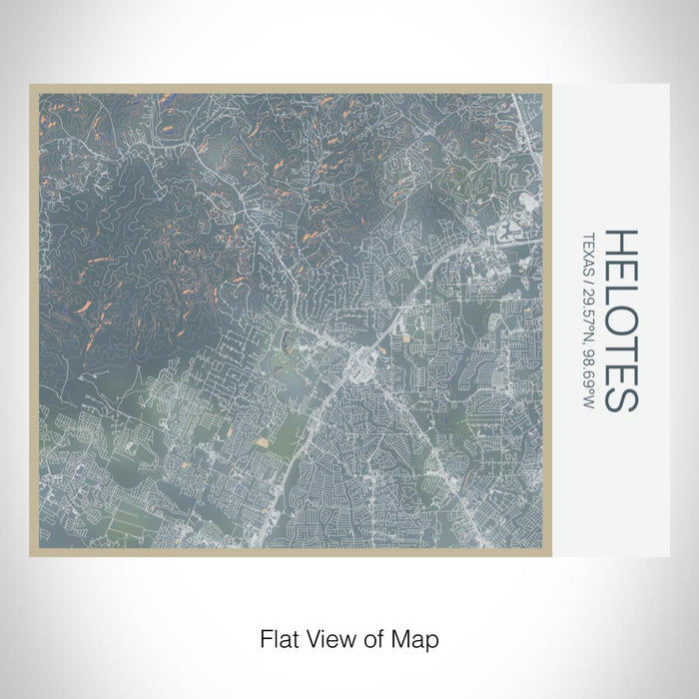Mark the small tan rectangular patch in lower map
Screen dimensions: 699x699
tap(263, 440)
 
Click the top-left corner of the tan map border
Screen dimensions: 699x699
tap(31, 86)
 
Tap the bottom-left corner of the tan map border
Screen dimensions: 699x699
tap(31, 554)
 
